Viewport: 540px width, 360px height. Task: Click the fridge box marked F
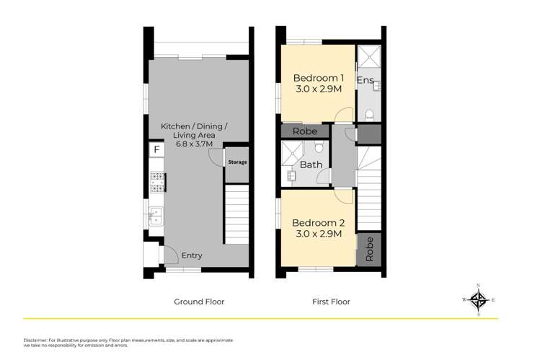[x=155, y=149]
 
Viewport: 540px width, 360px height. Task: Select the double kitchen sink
[x=155, y=215]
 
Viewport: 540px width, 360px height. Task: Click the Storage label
[x=237, y=162]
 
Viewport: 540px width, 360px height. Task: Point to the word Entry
[x=192, y=255]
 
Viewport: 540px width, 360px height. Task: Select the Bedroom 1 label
[x=317, y=78]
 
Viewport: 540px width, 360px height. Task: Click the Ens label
[x=366, y=80]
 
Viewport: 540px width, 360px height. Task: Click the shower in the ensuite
[x=369, y=56]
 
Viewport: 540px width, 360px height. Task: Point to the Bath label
[x=311, y=164]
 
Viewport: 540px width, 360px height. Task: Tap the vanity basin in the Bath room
[x=292, y=176]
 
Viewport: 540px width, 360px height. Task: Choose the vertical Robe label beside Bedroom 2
[x=370, y=249]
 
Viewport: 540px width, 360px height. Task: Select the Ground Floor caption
[x=200, y=302]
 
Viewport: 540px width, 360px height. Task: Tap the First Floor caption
[x=330, y=302]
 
